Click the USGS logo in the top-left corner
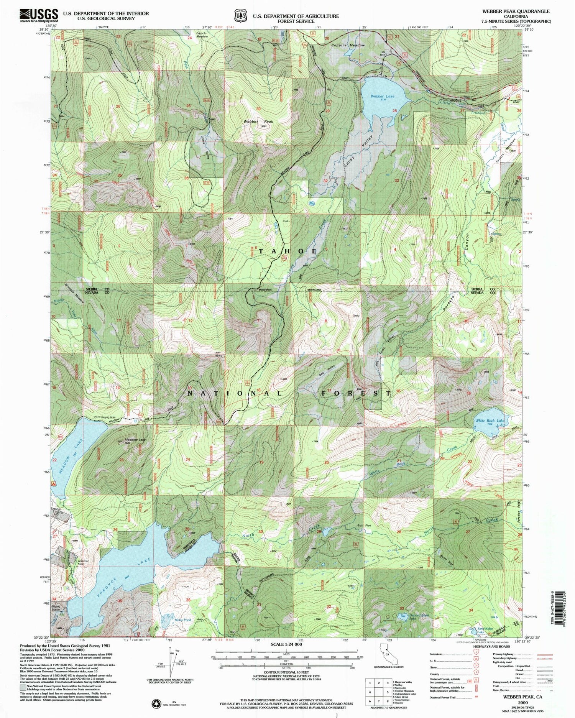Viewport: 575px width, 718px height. [x=39, y=15]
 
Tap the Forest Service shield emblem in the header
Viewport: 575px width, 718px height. [x=240, y=16]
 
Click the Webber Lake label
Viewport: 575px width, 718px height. [x=383, y=96]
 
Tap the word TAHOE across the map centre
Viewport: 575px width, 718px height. [x=288, y=251]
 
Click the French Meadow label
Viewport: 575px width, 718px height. [x=201, y=35]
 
